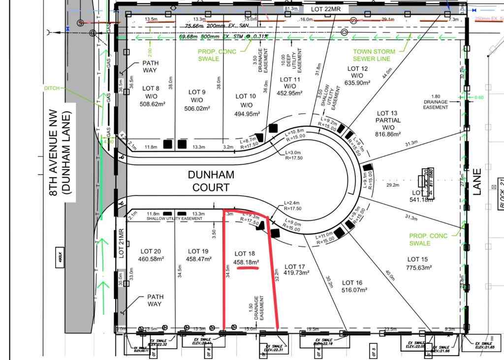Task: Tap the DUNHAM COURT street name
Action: tap(211, 180)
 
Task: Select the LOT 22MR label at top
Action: tap(330, 9)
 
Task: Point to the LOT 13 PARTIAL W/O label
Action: tap(388, 120)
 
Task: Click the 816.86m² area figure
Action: tap(388, 134)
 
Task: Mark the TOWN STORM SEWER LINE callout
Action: tap(374, 55)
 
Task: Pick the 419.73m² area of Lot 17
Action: tap(296, 272)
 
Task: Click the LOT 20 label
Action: tap(150, 251)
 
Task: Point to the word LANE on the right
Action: tap(477, 182)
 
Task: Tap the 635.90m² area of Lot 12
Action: tap(357, 83)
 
